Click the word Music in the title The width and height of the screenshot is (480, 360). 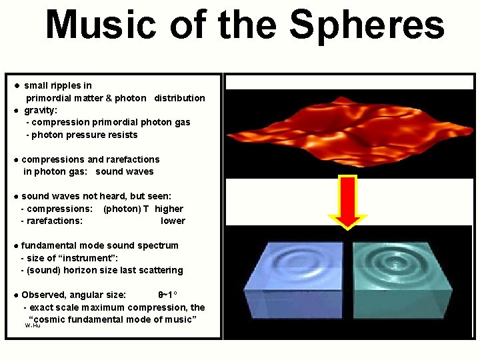(x=101, y=25)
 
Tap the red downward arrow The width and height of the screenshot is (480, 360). (x=347, y=203)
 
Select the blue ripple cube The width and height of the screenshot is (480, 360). (x=294, y=280)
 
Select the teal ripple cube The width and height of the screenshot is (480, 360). (x=402, y=280)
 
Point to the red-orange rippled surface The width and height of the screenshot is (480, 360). (x=349, y=132)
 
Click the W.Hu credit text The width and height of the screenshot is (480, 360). (x=33, y=325)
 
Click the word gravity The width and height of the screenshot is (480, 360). (x=40, y=111)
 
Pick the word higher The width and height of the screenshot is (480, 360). (x=169, y=209)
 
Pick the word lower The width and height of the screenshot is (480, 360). (x=173, y=221)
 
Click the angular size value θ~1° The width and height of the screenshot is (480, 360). (x=167, y=295)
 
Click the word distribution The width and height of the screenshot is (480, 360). (x=180, y=98)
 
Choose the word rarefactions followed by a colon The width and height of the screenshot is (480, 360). (x=55, y=221)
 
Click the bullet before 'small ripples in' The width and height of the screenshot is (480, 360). (x=17, y=86)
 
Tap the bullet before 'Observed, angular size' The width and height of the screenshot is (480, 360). (x=17, y=295)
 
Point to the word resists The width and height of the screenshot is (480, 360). (x=124, y=135)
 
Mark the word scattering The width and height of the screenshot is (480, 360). (x=160, y=271)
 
